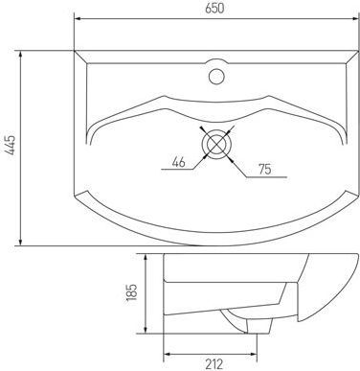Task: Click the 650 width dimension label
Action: [214, 9]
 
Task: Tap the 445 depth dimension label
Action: [11, 145]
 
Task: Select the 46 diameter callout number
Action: [178, 162]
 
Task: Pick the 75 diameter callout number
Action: [265, 169]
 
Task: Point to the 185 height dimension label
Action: [131, 292]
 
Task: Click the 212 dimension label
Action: [214, 364]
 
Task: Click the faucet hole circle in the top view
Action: [216, 77]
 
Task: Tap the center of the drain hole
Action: [216, 144]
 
